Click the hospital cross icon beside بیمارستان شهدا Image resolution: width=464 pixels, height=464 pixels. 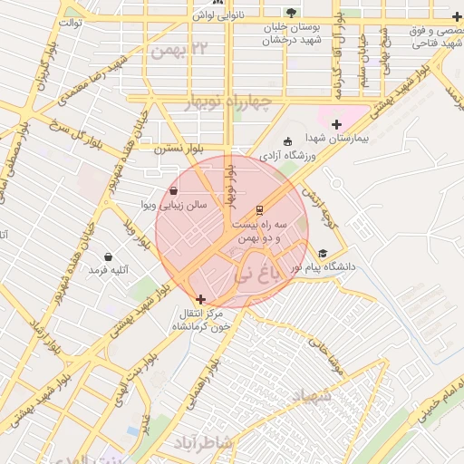tap(337, 123)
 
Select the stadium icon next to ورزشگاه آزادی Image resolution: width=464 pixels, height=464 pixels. tap(288, 141)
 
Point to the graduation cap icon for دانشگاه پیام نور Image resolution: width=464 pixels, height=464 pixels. tap(322, 255)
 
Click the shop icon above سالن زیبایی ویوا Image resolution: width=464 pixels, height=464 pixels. tap(173, 191)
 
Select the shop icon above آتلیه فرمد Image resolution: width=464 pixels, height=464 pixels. tap(109, 256)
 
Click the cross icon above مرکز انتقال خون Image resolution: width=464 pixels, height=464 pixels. tap(200, 299)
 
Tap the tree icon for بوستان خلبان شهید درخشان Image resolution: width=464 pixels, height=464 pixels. tap(290, 13)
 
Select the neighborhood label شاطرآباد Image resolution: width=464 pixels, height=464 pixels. tap(203, 441)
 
